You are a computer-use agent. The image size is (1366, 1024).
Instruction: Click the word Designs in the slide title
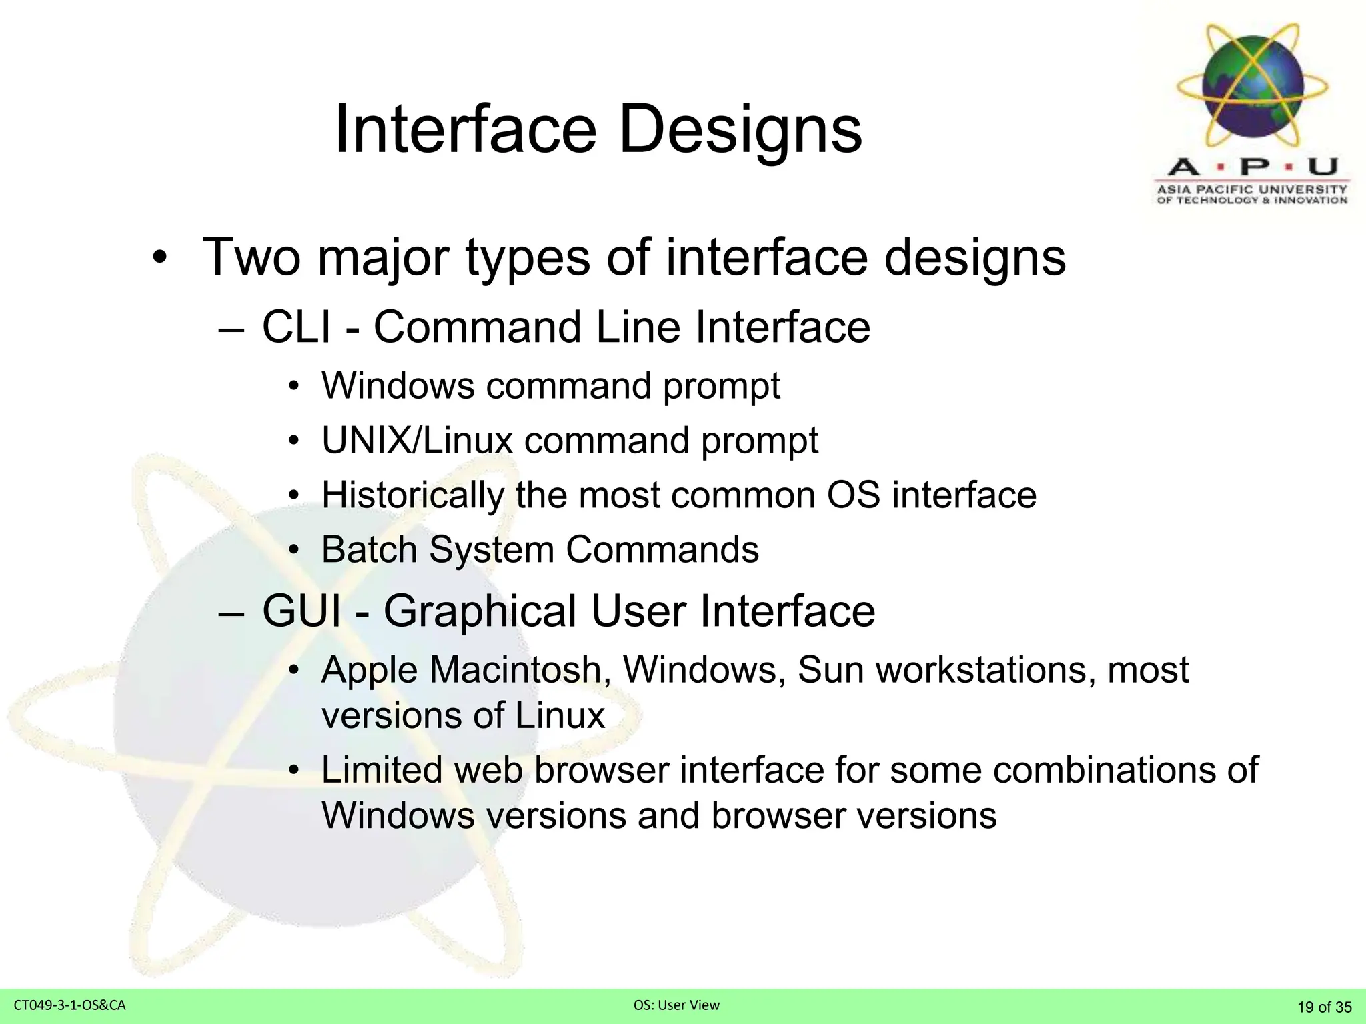[740, 130]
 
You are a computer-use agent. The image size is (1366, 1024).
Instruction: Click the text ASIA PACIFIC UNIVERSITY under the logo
[1252, 189]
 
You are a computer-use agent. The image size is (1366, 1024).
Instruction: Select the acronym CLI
[296, 327]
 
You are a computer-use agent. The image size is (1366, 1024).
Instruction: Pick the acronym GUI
[301, 611]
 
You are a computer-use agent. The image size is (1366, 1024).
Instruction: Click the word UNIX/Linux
[417, 441]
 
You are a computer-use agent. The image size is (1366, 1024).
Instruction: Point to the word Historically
[412, 496]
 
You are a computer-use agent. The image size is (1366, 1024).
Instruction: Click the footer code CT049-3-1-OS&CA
[69, 1005]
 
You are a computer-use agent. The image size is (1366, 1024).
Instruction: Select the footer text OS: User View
[676, 1005]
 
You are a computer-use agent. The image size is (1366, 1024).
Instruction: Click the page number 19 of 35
[1324, 1007]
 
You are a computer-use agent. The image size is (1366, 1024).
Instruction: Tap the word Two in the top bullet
[252, 257]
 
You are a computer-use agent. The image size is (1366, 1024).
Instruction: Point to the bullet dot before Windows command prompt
[294, 387]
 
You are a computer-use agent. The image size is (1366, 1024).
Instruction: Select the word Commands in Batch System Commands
[662, 550]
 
